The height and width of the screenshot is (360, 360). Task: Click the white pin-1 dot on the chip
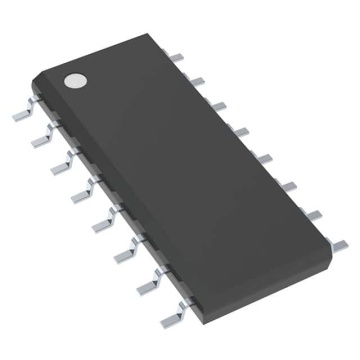[76, 79]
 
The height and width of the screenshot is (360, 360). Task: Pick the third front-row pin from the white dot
[59, 155]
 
